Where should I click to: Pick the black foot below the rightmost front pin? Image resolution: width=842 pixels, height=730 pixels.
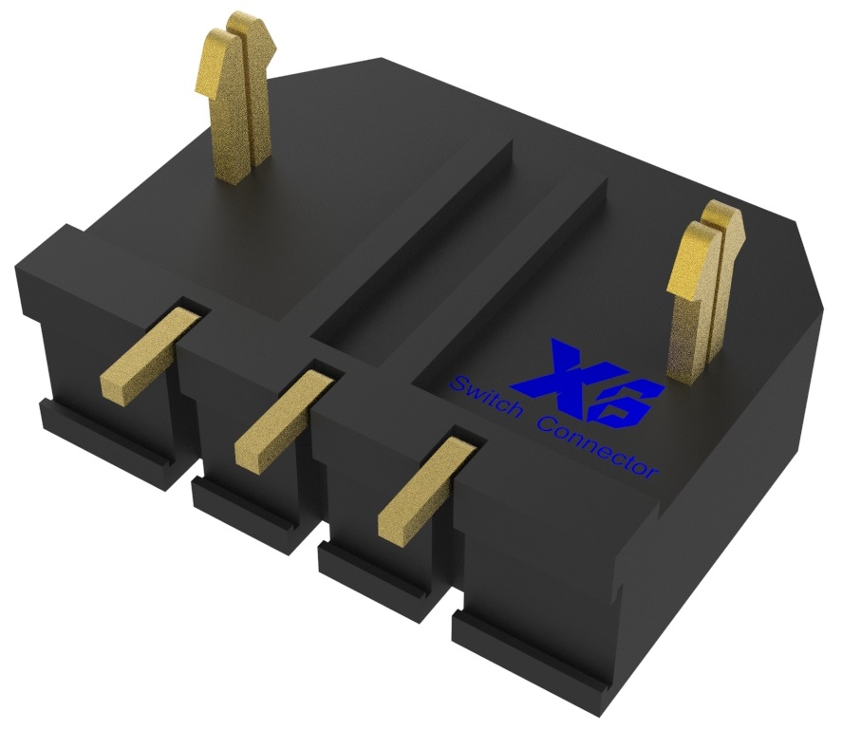tap(380, 580)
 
